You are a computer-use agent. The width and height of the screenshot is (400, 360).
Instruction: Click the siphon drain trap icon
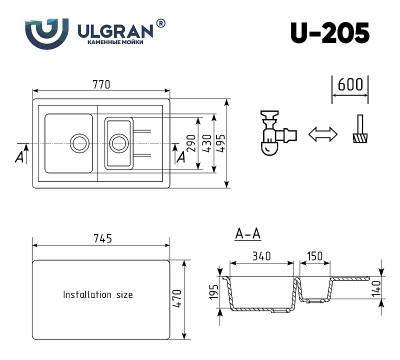point(271,133)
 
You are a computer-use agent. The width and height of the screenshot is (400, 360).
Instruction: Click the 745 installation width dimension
point(100,240)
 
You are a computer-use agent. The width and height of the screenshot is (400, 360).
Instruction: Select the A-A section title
point(248,235)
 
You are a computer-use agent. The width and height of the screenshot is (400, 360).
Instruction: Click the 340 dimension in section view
point(263,256)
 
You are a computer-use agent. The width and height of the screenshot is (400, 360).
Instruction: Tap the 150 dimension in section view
point(314,256)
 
